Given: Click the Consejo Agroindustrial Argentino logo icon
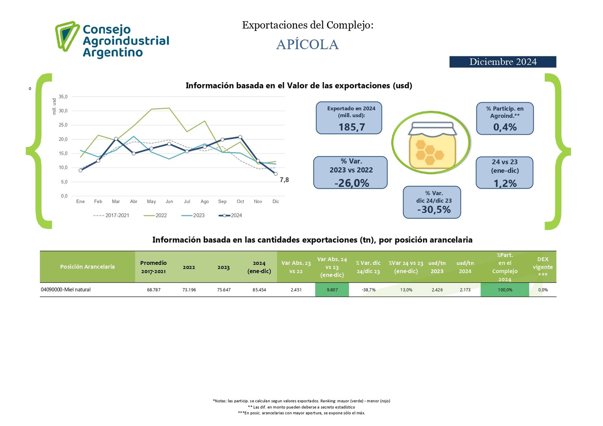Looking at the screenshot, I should (67, 36).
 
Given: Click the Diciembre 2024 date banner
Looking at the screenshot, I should (502, 62).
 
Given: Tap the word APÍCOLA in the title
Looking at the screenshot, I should (307, 44).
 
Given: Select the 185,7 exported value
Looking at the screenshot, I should (352, 127).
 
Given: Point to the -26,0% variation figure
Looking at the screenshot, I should (352, 183).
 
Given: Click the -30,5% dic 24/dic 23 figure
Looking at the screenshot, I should (434, 210).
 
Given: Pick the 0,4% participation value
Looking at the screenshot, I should (505, 127).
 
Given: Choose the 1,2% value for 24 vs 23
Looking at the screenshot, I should (505, 183).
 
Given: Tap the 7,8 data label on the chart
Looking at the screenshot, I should (284, 180).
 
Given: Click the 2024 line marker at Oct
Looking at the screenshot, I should (240, 137).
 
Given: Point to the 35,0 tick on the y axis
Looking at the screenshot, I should (63, 97).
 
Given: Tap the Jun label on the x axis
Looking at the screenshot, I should (169, 202).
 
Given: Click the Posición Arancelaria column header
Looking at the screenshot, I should (87, 267).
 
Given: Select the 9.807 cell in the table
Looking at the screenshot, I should (332, 290).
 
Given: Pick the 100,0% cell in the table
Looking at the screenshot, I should (505, 290).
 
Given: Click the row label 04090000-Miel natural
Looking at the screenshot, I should (66, 290).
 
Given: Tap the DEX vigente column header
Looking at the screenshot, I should (543, 267).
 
